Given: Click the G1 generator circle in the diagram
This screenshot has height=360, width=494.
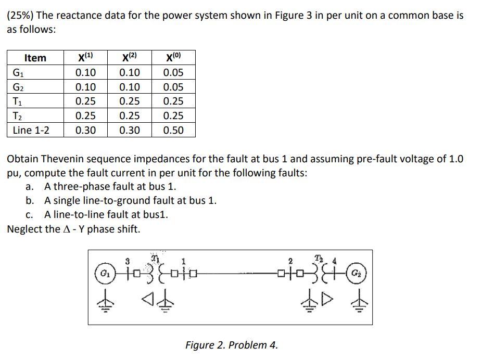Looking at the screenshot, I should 104,273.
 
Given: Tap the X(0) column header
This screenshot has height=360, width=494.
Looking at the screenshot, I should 173,58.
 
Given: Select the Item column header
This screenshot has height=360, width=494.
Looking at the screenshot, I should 35,58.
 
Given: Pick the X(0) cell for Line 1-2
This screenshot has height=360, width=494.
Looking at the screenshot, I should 173,130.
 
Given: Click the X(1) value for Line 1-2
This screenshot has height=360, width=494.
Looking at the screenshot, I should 85,130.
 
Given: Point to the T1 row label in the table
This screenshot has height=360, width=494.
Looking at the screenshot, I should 18,101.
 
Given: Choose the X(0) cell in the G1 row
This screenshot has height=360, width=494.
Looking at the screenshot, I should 173,72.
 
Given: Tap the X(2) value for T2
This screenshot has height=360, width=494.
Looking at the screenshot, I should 129,115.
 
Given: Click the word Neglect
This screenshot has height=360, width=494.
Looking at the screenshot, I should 26,229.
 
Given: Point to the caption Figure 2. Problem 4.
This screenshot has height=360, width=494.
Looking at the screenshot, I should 232,344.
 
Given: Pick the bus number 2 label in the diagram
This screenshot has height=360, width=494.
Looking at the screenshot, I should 290,260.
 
